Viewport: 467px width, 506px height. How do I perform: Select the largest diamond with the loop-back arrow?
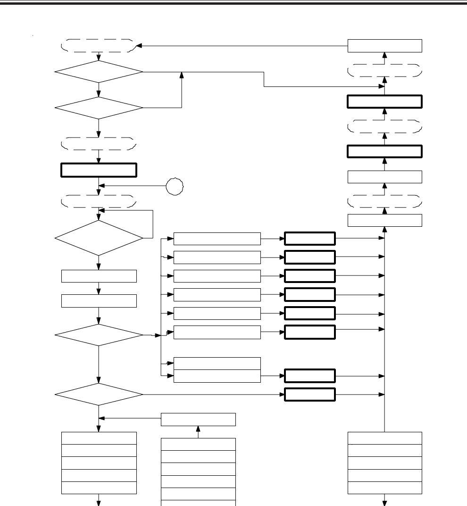point(99,238)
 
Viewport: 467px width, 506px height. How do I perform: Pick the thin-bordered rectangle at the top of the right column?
point(384,46)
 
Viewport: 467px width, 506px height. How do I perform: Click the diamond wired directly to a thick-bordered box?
point(99,394)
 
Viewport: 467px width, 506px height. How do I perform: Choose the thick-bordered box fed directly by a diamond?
point(309,394)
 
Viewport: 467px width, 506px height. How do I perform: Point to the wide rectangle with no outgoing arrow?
point(217,363)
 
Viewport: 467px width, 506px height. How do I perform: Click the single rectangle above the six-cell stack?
point(198,419)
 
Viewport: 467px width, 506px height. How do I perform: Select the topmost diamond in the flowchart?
point(99,72)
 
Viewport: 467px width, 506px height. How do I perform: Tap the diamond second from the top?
point(99,108)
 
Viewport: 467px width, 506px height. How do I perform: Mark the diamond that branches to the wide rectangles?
point(99,335)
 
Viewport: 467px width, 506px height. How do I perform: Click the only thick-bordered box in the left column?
point(99,170)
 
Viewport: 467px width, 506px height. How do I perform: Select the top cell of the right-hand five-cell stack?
point(384,438)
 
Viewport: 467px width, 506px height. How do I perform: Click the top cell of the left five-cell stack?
point(99,438)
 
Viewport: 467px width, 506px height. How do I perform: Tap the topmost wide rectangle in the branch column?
point(217,239)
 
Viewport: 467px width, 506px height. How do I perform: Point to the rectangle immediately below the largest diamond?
point(99,276)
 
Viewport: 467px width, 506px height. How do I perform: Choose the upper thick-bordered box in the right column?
point(384,102)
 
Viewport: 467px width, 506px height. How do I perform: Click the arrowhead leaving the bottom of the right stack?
point(385,502)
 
